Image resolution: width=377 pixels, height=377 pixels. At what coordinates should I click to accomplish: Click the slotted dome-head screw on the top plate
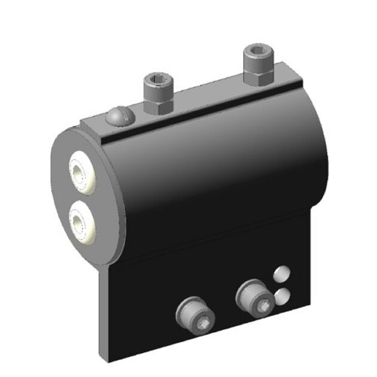pyautogui.click(x=117, y=116)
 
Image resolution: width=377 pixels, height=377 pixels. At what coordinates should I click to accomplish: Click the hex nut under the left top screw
pyautogui.click(x=159, y=104)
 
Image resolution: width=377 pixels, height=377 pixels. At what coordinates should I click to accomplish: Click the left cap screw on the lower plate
pyautogui.click(x=193, y=316)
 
